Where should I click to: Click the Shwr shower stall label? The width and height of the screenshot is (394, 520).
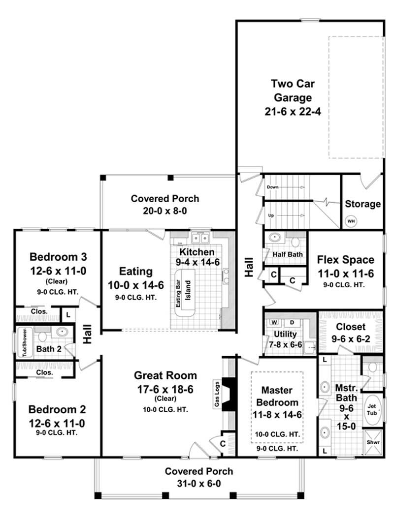[372, 441]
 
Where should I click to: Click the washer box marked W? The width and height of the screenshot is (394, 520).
[274, 323]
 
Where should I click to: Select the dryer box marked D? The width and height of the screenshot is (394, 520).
[291, 323]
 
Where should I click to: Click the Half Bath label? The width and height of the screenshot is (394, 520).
[288, 254]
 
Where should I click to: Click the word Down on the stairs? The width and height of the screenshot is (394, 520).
[273, 187]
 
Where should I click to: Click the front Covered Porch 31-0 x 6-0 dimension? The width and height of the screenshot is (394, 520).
[199, 483]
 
